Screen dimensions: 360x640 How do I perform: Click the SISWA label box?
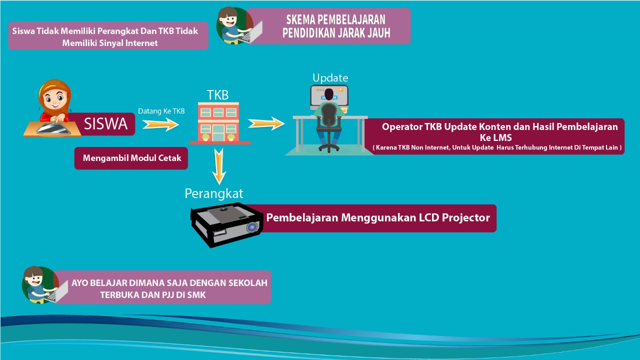coord(105,124)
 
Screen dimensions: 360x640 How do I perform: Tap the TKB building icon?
coord(218,123)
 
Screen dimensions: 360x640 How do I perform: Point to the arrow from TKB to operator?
coord(266,123)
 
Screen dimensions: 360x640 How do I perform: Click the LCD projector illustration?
coord(227,224)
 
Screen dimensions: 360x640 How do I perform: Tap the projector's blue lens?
coord(251,227)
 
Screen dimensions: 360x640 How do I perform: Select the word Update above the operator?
coord(330,78)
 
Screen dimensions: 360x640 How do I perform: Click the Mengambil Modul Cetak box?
coord(131,158)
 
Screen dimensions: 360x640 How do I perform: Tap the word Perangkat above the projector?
coord(213,193)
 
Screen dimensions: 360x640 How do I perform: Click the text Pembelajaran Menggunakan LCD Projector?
coord(377,218)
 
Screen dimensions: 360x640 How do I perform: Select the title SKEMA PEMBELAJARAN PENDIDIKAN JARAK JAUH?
coord(334,26)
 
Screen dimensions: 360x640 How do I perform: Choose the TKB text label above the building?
coord(217,95)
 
